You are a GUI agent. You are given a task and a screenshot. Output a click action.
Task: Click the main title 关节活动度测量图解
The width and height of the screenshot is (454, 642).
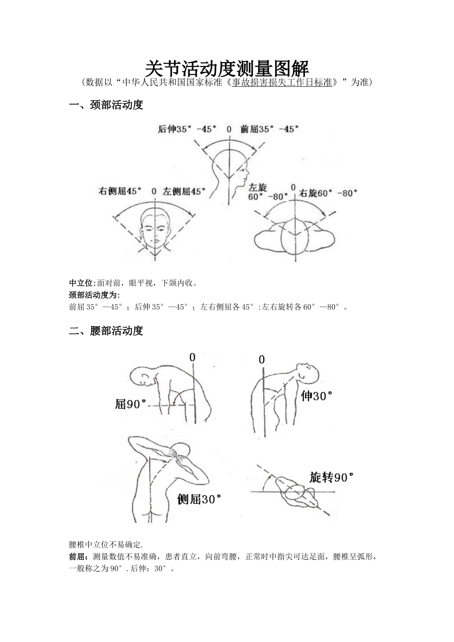227,68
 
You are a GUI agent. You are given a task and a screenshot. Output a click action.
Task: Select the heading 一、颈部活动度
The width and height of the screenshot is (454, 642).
106,105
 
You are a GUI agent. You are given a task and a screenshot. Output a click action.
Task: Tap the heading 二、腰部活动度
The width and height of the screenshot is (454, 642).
106,331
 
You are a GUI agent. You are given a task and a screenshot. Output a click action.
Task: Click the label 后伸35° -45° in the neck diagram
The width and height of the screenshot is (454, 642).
187,129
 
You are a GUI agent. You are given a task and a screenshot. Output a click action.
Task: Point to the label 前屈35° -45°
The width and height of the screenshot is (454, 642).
270,129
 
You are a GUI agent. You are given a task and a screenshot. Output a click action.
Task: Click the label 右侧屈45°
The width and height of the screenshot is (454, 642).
120,191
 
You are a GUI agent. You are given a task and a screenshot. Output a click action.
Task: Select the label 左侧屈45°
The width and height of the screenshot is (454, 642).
184,191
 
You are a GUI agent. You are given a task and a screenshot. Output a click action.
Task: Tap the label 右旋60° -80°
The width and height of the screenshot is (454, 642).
328,193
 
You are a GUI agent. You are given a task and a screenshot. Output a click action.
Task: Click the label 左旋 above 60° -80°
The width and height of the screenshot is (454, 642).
258,187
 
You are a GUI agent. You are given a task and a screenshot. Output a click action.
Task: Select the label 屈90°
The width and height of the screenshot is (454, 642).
130,404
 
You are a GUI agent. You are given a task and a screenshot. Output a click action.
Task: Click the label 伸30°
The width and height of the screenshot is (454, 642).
316,396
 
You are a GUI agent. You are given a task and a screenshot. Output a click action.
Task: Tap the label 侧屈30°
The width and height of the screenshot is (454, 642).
199,500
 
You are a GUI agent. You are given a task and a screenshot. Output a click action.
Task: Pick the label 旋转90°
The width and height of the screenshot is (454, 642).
331,477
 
